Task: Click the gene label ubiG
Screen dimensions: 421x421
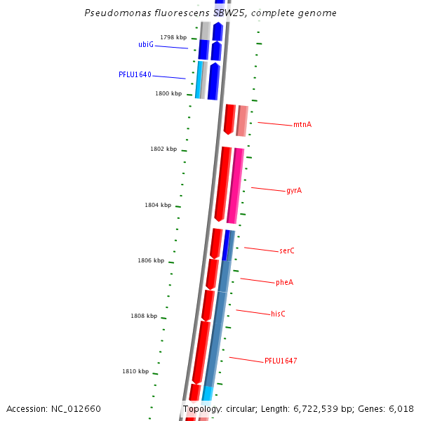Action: [146, 44]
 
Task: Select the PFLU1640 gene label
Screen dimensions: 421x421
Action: [135, 74]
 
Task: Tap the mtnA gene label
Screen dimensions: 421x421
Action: [302, 125]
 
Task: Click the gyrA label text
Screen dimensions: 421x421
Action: [294, 191]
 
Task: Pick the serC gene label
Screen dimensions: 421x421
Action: [287, 251]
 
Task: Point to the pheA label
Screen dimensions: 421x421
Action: [284, 283]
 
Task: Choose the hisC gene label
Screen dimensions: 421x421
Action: [278, 314]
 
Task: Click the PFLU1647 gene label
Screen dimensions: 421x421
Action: [281, 361]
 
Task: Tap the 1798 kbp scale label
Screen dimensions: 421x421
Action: [173, 37]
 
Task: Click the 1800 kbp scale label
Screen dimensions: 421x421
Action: [168, 93]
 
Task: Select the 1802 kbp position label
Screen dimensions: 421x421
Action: [163, 149]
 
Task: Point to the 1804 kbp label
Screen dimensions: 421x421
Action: [158, 205]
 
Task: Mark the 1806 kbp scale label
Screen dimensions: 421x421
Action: [151, 260]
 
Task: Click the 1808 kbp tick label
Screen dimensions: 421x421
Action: [144, 316]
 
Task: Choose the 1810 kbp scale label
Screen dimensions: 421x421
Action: [135, 371]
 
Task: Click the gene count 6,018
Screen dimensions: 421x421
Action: [400, 409]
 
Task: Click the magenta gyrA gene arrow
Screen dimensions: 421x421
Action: [235, 186]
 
